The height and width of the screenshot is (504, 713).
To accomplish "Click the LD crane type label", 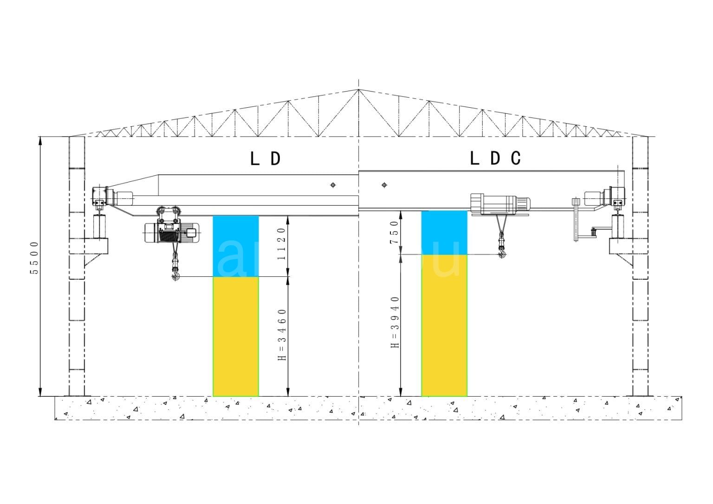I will tap(265, 159).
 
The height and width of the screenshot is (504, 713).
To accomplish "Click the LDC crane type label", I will tap(495, 158).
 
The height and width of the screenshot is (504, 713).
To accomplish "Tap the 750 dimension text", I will tap(394, 232).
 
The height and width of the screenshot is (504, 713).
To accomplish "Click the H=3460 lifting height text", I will tap(281, 334).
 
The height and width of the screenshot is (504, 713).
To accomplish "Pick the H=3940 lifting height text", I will tap(395, 322).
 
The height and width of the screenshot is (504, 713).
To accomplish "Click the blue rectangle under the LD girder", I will tap(236, 246).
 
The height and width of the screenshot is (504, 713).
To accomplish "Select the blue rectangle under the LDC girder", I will tap(444, 232).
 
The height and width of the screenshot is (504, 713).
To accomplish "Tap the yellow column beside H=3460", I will tap(236, 336).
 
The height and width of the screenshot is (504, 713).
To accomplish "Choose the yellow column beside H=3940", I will tap(444, 325).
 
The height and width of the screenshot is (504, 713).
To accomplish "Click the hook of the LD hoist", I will tap(175, 277).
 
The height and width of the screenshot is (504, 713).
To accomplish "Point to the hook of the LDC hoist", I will tap(501, 254).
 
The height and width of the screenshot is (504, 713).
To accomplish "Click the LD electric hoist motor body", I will tap(171, 232).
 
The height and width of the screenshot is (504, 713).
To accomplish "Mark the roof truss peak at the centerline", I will tap(358, 90).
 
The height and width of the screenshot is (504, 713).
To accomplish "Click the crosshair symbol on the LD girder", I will tap(333, 185).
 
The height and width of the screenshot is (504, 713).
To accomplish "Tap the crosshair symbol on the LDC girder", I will tap(384, 185).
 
